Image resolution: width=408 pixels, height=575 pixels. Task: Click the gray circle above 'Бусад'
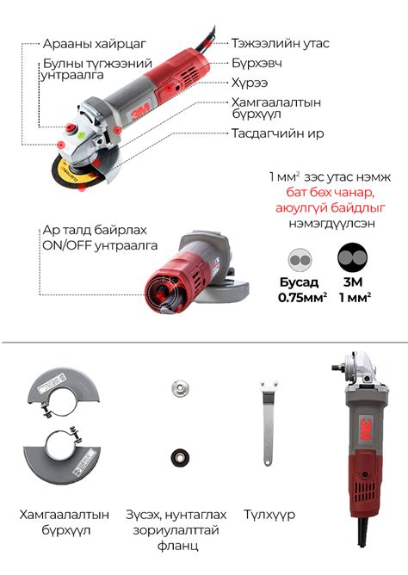pos(299,260)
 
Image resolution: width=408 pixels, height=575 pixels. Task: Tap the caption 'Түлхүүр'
pos(269,514)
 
